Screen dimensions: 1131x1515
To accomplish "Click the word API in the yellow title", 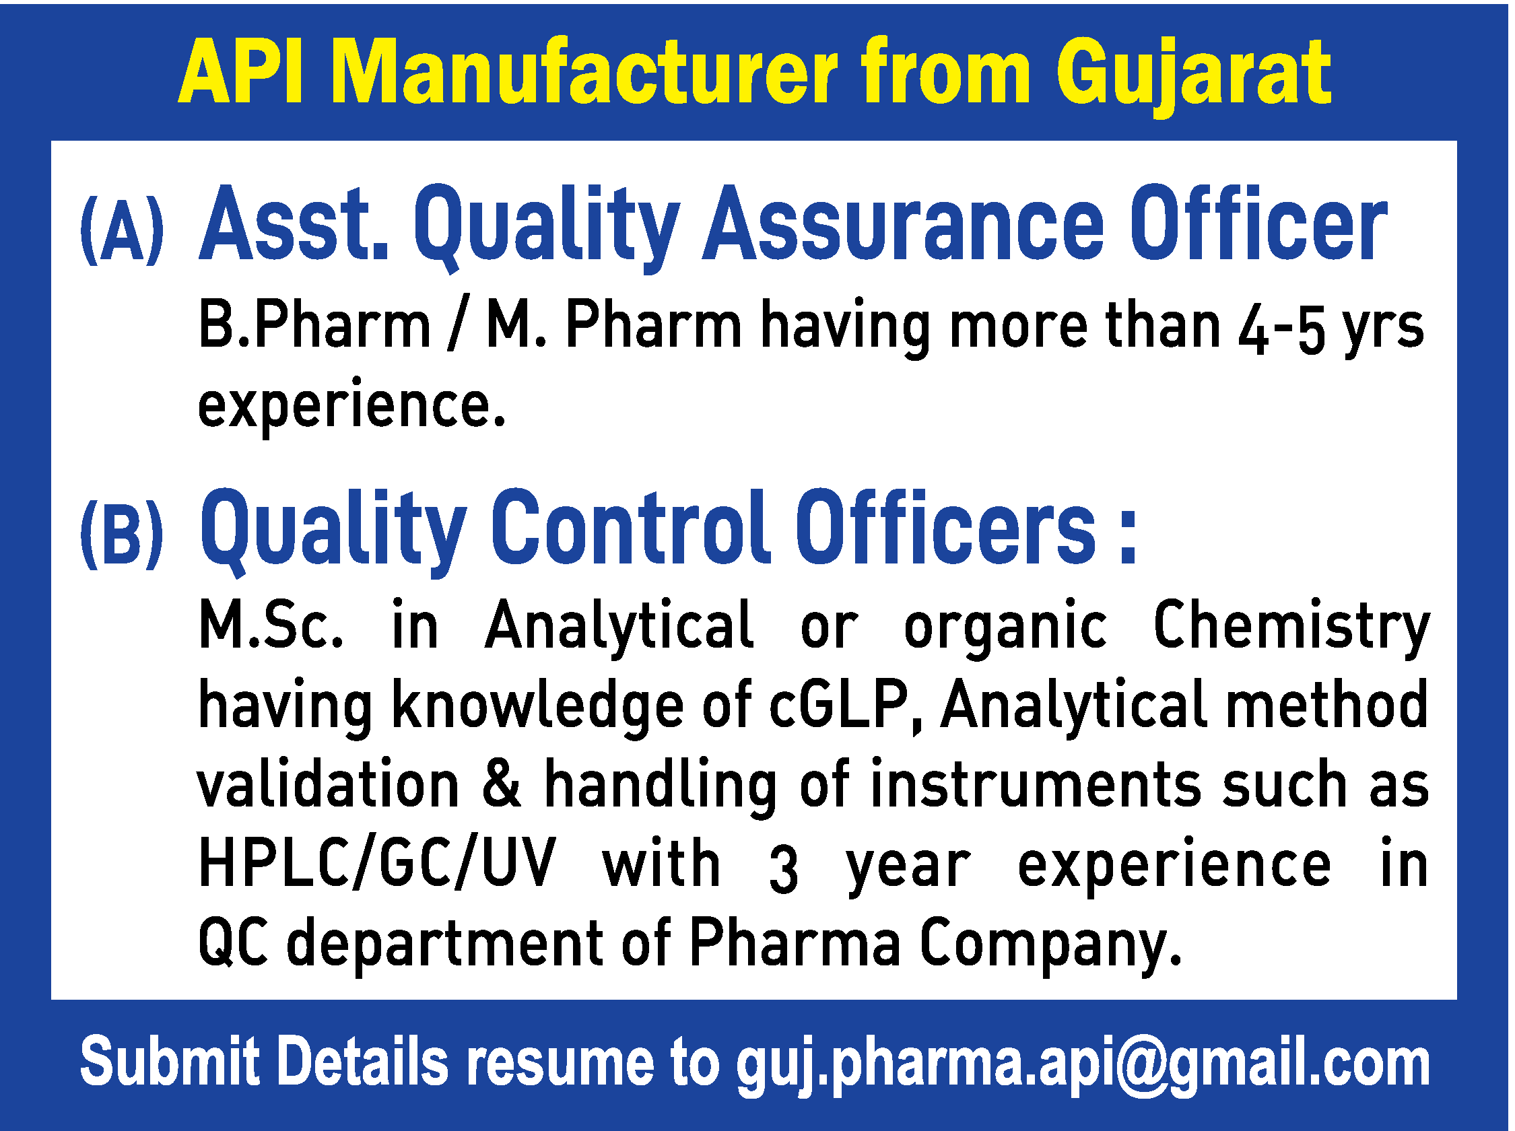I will [240, 73].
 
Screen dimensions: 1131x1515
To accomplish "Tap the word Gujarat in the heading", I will [1192, 74].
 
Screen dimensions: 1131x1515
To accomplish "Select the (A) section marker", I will [122, 231].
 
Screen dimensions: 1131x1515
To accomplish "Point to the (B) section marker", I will [122, 535].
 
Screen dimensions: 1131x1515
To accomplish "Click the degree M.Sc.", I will [271, 625].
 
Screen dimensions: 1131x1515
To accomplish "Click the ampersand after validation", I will [502, 783].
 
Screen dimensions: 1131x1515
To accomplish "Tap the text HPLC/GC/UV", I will [377, 863].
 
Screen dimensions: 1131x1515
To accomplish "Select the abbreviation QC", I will [232, 943].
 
